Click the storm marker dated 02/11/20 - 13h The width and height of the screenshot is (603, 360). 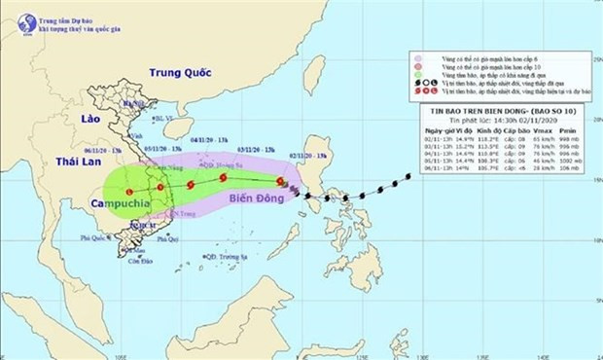tap(281, 182)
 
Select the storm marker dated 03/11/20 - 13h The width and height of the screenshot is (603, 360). tap(224, 178)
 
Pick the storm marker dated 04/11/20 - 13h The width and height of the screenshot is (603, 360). tap(190, 182)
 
